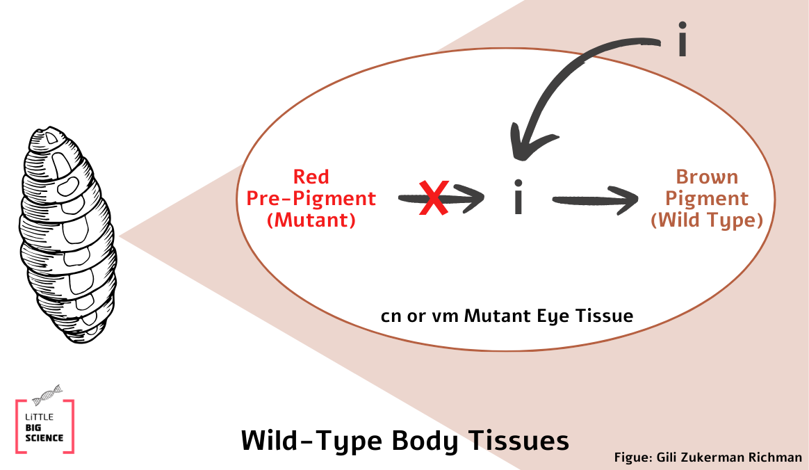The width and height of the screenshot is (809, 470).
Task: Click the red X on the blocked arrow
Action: [x=433, y=198]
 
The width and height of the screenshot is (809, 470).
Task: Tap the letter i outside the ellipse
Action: [x=683, y=40]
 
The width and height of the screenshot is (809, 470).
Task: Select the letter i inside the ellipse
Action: [x=517, y=199]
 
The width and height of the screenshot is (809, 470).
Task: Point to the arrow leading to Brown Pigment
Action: [x=595, y=200]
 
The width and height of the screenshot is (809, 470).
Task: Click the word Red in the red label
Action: [x=311, y=177]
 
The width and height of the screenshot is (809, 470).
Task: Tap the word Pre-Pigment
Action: [x=311, y=199]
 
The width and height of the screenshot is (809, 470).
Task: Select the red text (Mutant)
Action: [x=311, y=221]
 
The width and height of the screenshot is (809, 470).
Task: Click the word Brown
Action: [x=707, y=177]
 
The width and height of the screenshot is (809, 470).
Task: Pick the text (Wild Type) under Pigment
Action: [x=707, y=221]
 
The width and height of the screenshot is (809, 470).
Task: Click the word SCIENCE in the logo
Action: [x=44, y=438]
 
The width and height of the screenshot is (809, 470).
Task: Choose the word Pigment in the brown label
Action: [x=707, y=199]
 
